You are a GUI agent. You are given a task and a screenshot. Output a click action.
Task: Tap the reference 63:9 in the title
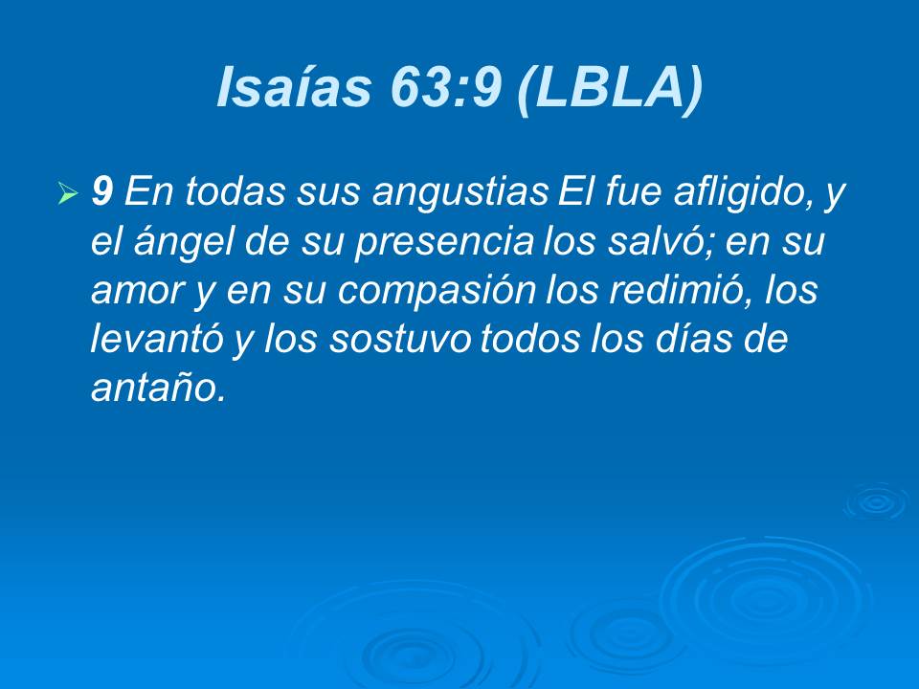click(445, 88)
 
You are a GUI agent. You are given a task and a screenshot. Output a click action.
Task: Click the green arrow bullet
click(67, 195)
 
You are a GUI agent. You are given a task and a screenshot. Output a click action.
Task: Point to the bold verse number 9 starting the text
click(102, 193)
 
